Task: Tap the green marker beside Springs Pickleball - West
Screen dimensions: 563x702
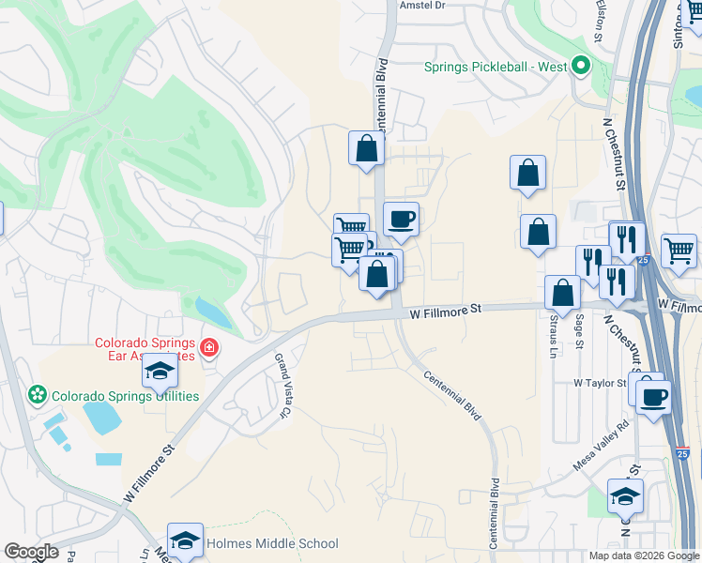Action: coord(580,67)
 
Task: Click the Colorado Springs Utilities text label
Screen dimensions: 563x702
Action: coord(125,396)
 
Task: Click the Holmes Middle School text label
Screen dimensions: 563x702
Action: coord(272,543)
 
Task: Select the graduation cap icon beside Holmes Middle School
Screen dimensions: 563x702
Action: coord(186,540)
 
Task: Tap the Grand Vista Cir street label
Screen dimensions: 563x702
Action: coord(282,385)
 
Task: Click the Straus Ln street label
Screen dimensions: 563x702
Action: coord(553,335)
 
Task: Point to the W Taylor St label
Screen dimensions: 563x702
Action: coord(600,384)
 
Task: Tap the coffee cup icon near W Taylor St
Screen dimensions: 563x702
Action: coord(653,395)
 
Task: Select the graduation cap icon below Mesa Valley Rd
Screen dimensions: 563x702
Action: coord(625,496)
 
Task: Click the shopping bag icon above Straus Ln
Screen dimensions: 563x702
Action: coord(561,292)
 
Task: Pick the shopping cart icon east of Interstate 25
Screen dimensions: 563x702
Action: coord(679,250)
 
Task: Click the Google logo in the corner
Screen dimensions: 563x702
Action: coord(31,552)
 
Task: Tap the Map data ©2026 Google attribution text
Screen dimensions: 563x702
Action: coord(643,555)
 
